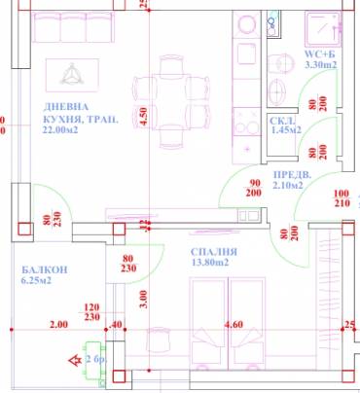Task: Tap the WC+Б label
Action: click(319, 53)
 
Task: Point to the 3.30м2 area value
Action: click(320, 64)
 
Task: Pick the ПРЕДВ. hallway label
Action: click(292, 174)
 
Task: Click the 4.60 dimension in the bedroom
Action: click(234, 326)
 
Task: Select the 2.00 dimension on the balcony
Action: click(58, 326)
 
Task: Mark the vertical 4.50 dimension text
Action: click(143, 117)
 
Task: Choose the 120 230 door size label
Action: click(93, 310)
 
